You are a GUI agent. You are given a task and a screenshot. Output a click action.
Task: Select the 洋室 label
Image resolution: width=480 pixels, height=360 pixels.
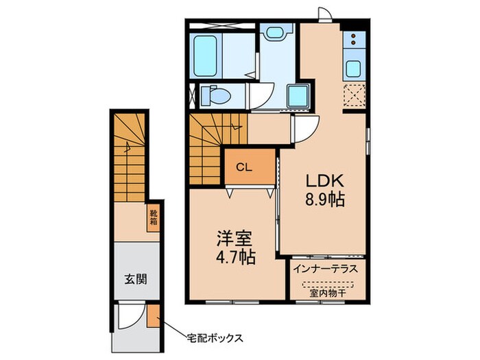point(235,241)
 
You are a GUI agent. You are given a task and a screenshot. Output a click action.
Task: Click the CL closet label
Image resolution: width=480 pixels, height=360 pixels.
point(244,167)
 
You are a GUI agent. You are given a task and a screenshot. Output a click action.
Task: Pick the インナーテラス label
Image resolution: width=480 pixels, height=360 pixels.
point(326,269)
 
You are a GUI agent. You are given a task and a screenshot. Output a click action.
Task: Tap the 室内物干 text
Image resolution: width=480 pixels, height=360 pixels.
point(326,291)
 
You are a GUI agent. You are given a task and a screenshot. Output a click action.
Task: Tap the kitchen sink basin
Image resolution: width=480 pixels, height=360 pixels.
point(354,69)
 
